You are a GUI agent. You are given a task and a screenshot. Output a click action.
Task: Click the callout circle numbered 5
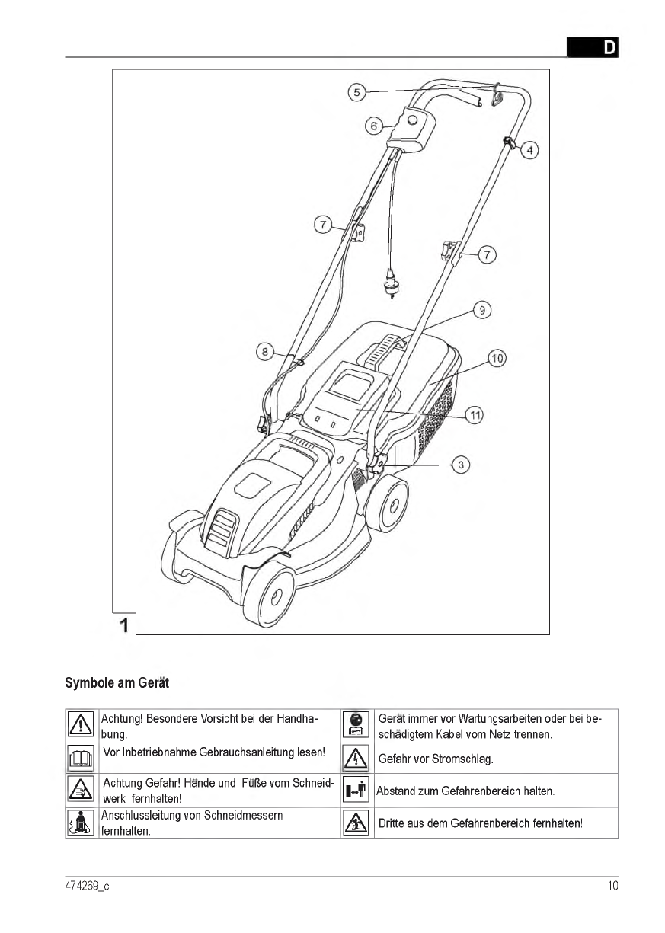356,93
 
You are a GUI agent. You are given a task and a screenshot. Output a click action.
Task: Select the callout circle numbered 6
373,126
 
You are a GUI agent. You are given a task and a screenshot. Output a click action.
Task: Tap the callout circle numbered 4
529,150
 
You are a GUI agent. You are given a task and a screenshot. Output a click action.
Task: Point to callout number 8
264,351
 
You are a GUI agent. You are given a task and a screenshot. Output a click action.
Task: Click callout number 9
481,310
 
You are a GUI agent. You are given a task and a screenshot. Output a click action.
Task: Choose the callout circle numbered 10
497,357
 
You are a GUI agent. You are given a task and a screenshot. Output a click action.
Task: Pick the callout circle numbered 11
475,415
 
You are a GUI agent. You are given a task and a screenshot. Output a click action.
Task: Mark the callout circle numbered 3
460,464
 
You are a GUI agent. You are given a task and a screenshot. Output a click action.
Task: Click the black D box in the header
593,47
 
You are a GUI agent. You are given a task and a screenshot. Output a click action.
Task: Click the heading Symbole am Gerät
117,683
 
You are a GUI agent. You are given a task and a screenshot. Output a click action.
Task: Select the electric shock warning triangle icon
356,759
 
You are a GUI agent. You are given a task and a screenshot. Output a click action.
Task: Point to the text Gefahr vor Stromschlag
435,759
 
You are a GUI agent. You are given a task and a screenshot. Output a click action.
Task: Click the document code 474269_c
87,886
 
